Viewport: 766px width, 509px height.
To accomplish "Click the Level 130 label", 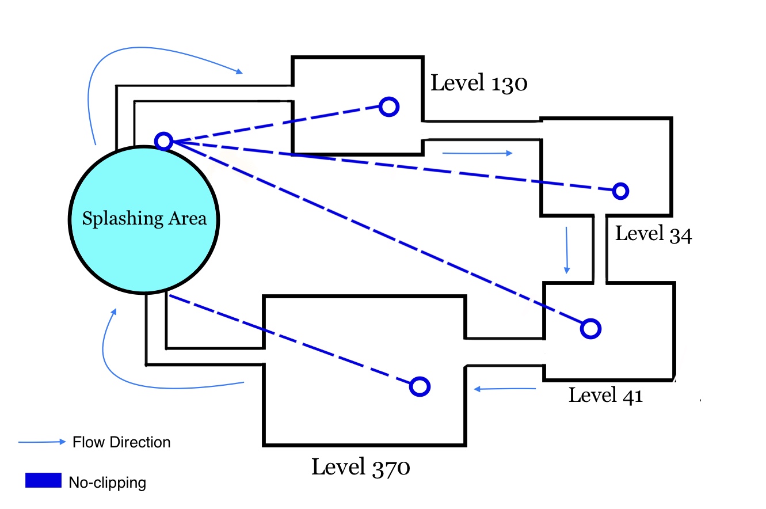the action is pos(479,83).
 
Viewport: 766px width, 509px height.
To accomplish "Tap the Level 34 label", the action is pos(654,234).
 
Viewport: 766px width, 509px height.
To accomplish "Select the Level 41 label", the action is pos(605,396).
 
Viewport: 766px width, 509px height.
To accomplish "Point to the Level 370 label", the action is pos(361,467).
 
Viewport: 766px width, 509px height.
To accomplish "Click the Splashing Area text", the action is pos(144,219).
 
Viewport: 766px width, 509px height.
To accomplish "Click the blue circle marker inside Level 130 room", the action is pos(389,107).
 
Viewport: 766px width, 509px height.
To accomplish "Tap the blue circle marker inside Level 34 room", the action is pos(620,191).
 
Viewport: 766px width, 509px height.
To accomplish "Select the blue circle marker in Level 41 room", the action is pos(590,329).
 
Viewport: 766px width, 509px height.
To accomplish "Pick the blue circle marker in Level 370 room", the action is pos(420,387).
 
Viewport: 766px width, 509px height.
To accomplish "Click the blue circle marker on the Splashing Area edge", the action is pos(163,141).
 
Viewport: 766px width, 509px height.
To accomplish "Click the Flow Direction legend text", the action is pos(121,442).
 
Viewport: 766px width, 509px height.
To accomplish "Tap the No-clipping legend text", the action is pos(108,483).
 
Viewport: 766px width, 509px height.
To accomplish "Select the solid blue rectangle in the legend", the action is pos(43,480).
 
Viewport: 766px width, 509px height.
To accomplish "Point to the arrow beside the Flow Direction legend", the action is pos(41,442).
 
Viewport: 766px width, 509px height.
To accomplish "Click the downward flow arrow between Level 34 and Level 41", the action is pos(567,250).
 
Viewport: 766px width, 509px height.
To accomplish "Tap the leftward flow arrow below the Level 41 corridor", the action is pos(505,389).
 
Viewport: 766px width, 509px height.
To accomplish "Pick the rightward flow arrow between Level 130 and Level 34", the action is pos(477,153).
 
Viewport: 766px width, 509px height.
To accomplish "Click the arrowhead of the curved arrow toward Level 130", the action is pos(239,71).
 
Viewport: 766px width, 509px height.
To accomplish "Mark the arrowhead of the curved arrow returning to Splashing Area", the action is pos(114,312).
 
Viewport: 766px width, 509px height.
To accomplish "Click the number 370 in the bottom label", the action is pos(391,468).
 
